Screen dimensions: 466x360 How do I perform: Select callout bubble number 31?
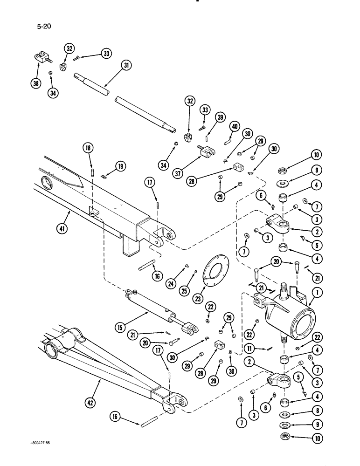coord(126,66)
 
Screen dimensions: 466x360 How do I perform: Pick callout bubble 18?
coord(89,148)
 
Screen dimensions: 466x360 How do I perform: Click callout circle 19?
coord(121,166)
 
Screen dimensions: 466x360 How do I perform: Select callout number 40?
coord(234,127)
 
